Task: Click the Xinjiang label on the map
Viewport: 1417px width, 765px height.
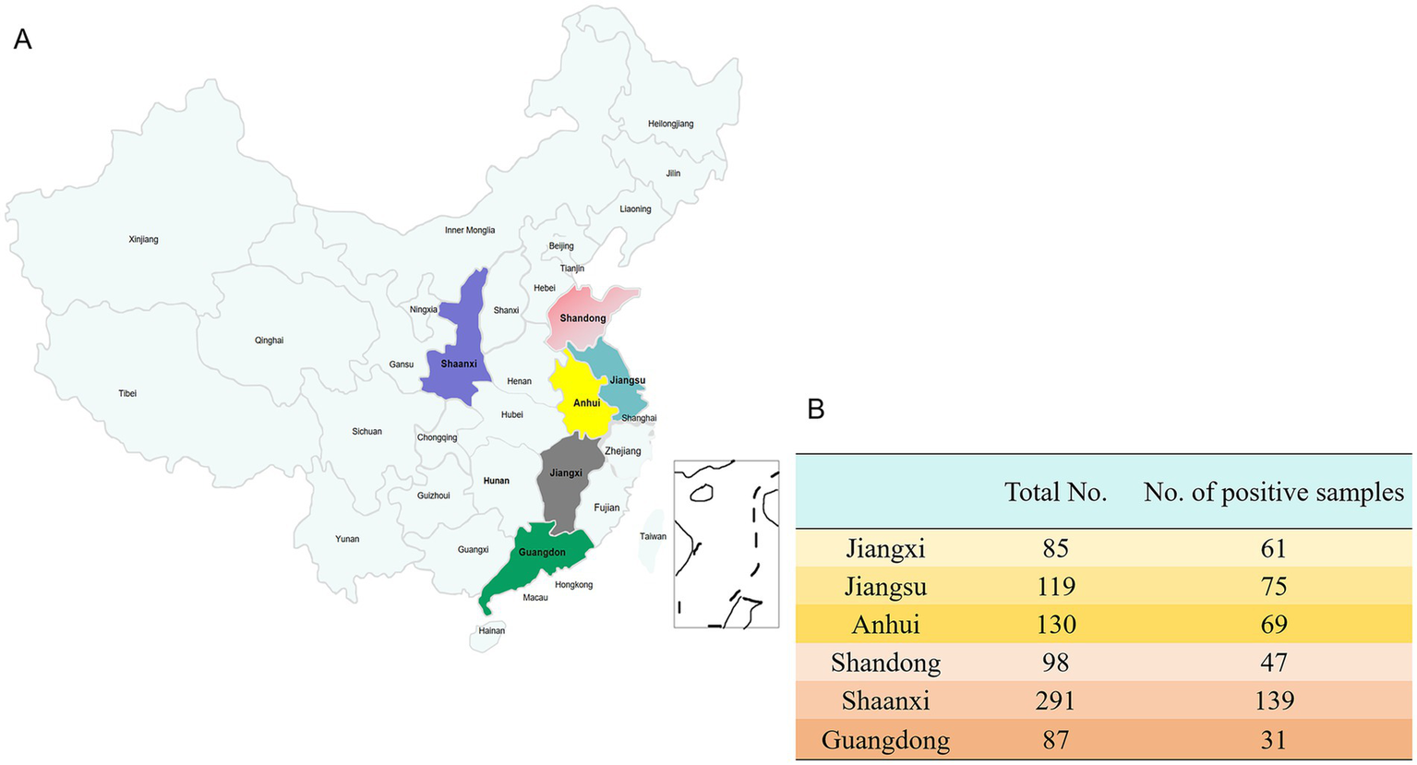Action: [143, 240]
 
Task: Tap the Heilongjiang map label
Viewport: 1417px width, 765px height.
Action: [670, 124]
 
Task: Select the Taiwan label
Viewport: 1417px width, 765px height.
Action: [653, 536]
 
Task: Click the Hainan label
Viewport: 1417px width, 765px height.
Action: [492, 631]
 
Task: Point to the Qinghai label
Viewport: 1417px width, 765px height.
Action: [269, 341]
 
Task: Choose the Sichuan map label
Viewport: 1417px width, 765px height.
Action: [366, 432]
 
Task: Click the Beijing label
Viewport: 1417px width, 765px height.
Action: [561, 246]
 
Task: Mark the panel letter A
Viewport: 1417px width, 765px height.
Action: [22, 39]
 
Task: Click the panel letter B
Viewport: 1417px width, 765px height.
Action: [815, 409]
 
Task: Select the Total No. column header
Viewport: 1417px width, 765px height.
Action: [1055, 493]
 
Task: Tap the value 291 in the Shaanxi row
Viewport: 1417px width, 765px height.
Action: [1055, 701]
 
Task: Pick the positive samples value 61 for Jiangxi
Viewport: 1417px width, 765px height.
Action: [1273, 549]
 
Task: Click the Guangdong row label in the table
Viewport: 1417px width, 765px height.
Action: [885, 740]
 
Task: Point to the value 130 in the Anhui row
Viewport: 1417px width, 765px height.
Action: [1055, 625]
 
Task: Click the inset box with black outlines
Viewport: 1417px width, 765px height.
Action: [726, 544]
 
